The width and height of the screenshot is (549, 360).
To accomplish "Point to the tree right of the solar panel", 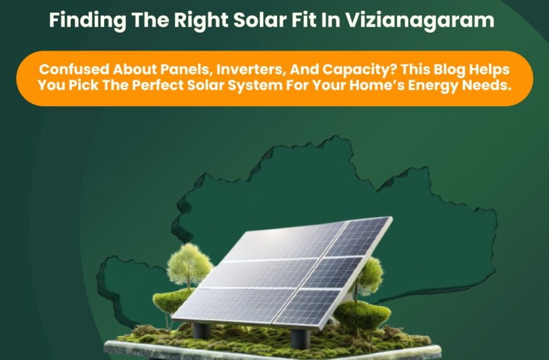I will pyautogui.click(x=369, y=273).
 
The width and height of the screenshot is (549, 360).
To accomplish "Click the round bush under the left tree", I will pyautogui.click(x=172, y=301).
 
